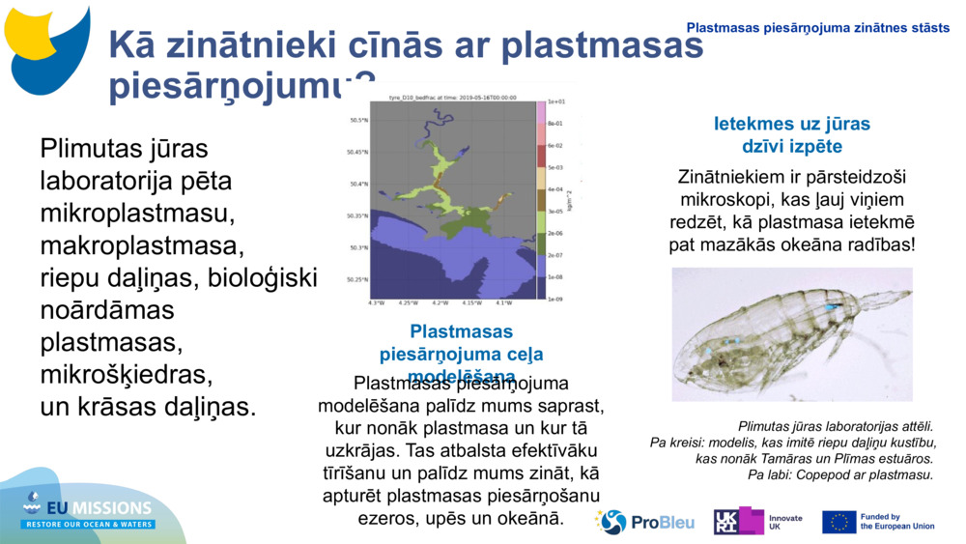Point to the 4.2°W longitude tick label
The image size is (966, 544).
point(440,302)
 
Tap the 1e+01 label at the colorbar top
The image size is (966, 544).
point(555,101)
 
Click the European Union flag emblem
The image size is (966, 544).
point(838,522)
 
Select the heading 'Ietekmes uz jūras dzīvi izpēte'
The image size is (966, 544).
point(791,135)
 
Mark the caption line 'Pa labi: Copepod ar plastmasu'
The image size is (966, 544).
point(839,474)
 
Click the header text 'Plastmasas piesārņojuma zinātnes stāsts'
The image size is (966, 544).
point(817,28)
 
